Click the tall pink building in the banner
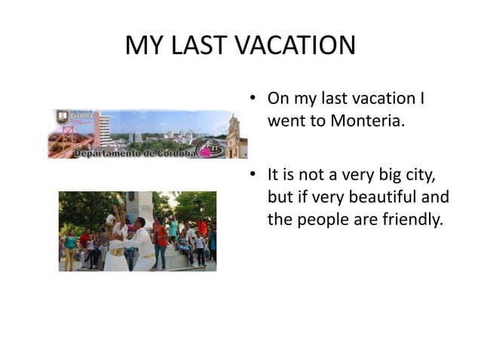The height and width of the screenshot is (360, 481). pyautogui.click(x=101, y=129)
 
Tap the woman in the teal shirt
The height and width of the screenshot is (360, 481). pyautogui.click(x=70, y=248)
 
